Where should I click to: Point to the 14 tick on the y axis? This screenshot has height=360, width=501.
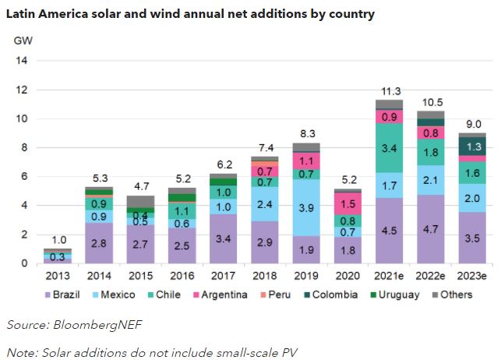[21, 61]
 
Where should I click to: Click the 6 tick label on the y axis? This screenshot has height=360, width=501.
[24, 177]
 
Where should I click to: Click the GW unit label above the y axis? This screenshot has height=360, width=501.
[23, 40]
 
